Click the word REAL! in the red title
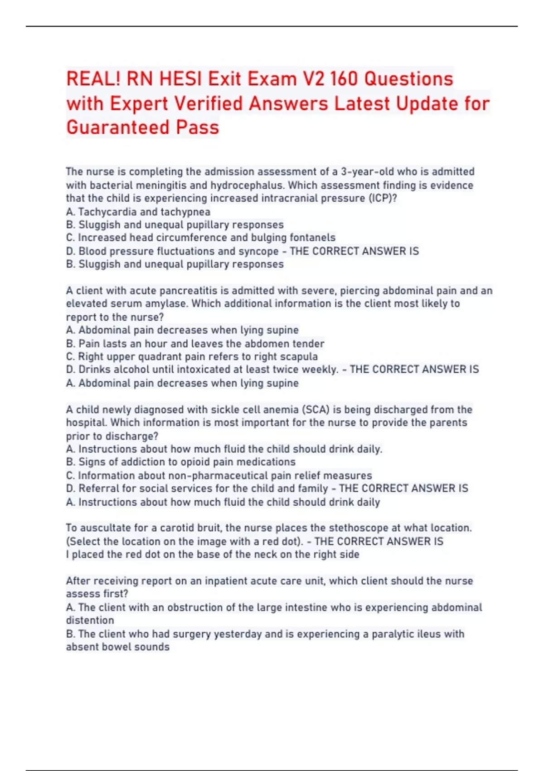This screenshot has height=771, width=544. click(93, 79)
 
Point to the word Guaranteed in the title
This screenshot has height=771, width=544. click(118, 127)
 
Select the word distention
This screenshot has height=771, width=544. click(90, 620)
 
